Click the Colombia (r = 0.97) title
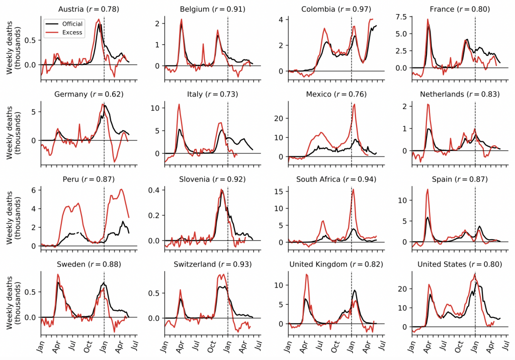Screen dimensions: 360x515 coord(335,9)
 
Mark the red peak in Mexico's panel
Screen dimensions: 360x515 coord(354,105)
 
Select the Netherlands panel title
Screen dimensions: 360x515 coord(459,94)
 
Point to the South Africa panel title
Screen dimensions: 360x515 coord(335,179)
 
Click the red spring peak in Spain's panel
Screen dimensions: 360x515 coord(427,190)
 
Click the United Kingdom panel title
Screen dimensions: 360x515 coord(335,264)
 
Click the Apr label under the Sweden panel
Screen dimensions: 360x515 coord(57,347)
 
